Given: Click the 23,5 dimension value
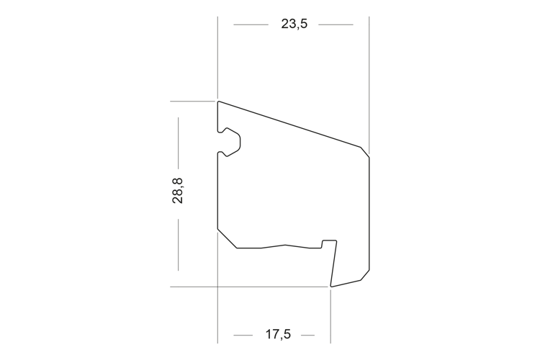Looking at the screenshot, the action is (x=294, y=24).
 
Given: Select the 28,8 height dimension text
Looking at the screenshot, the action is (x=178, y=191).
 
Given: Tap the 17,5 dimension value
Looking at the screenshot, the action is (x=278, y=334).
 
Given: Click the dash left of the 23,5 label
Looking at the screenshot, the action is (x=251, y=24).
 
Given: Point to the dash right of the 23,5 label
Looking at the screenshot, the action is (x=336, y=24).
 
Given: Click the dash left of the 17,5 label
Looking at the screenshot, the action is (x=243, y=335).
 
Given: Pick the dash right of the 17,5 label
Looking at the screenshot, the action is (x=308, y=335).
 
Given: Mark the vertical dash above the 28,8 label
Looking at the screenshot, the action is (x=178, y=143).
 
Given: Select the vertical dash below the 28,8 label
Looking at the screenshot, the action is (x=178, y=244).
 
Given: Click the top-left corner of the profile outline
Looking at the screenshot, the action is (x=218, y=102).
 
